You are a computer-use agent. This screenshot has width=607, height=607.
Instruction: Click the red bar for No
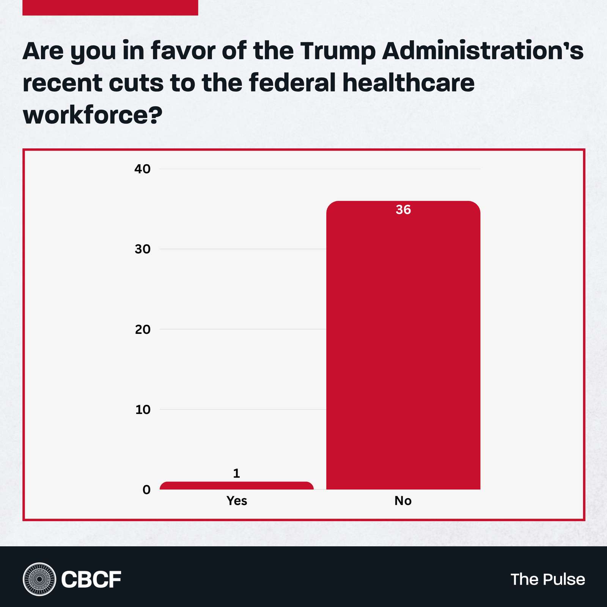tap(403, 345)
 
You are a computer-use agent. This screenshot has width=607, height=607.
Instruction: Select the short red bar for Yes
tap(236, 486)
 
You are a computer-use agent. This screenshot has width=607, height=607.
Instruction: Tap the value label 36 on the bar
tap(403, 209)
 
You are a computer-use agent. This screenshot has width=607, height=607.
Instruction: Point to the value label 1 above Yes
tap(236, 473)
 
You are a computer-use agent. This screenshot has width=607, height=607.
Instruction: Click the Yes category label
tap(236, 501)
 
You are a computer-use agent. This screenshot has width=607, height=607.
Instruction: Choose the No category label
tap(403, 501)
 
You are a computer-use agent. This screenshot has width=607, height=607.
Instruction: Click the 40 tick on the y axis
tap(142, 169)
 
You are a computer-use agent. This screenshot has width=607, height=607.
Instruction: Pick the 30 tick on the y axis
tap(142, 249)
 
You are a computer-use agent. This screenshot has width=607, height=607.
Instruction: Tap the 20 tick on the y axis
tap(142, 329)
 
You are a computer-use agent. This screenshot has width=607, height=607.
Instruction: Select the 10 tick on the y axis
tap(142, 409)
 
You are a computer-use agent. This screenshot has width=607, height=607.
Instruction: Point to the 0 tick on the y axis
tap(146, 490)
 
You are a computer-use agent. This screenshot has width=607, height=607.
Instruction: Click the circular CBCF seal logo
tap(39, 579)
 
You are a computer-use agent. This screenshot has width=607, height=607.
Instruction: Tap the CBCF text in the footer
tap(91, 579)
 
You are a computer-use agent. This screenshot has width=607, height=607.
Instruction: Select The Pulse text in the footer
tap(547, 579)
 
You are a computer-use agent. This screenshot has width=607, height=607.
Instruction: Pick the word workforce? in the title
tap(93, 115)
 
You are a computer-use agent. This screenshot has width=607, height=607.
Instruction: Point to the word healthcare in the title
tap(408, 83)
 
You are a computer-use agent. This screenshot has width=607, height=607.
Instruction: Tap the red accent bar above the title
tap(110, 8)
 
